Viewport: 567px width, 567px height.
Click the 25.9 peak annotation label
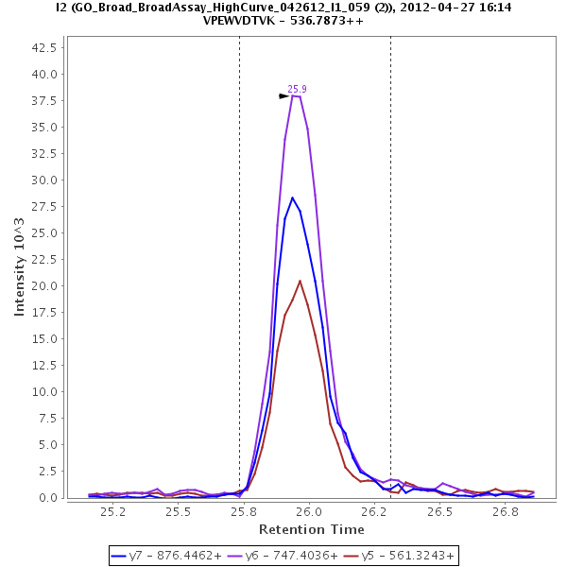297,89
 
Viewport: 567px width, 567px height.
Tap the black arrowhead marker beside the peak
283,96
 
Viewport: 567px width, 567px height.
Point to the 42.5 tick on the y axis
46,47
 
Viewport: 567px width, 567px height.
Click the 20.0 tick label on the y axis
46,286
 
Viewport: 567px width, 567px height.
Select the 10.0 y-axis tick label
46,392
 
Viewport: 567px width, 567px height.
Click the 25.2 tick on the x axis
113,511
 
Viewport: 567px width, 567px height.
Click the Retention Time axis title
311,529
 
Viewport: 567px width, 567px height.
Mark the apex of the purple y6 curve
295,95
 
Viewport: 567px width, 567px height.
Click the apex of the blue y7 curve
293,198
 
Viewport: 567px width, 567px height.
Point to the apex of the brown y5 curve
301,281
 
